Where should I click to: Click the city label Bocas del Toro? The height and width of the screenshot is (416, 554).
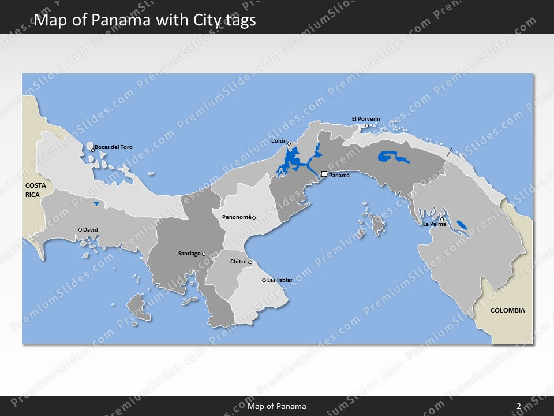(x=114, y=147)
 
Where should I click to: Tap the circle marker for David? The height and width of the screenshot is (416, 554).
(x=80, y=230)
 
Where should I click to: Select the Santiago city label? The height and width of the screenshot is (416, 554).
(x=189, y=254)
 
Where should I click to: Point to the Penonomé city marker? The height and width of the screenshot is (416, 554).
(x=254, y=218)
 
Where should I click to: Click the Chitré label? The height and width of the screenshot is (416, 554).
(x=238, y=262)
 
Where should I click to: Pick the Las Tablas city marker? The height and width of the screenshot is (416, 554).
(x=264, y=280)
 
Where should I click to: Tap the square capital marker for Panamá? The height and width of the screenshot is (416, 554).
(x=324, y=173)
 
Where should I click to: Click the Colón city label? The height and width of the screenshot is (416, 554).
(x=279, y=140)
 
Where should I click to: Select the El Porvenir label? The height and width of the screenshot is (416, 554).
(x=366, y=119)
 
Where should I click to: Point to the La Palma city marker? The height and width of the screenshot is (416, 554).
(x=442, y=219)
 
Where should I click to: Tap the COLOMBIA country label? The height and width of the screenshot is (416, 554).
(x=507, y=310)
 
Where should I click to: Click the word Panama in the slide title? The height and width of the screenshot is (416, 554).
(x=142, y=21)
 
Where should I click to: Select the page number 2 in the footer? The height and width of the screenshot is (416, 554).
(x=518, y=406)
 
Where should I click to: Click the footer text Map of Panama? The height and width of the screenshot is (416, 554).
(x=277, y=406)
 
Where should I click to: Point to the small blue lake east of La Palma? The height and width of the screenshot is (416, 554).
(x=462, y=225)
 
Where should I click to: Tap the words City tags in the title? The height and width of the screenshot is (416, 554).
(x=225, y=21)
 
